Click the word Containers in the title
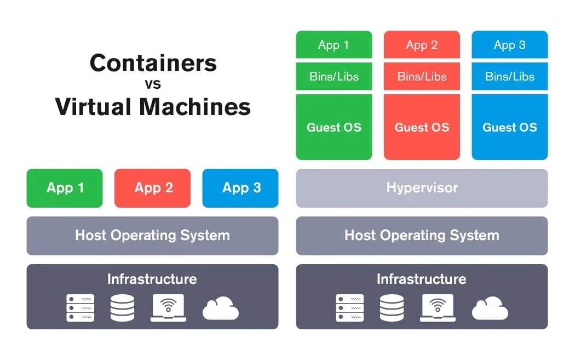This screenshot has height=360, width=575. (153, 63)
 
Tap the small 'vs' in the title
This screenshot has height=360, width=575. (153, 84)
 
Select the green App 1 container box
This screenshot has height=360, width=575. (65, 188)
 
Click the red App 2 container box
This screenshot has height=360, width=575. (153, 188)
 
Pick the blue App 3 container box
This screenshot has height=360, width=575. (240, 188)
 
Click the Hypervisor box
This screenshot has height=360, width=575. (422, 188)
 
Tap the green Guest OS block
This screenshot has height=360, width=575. (334, 127)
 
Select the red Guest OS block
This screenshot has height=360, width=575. (422, 127)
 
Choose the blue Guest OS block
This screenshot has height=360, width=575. (510, 127)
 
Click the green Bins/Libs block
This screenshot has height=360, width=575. (334, 76)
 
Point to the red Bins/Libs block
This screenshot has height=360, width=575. (422, 76)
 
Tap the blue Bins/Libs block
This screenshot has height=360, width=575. (510, 76)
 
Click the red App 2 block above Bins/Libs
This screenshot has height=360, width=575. (422, 45)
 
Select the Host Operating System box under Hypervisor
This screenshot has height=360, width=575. (422, 236)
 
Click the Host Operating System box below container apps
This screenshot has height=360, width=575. (152, 236)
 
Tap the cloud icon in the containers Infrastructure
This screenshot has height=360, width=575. (221, 308)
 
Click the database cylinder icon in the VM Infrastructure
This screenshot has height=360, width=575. (392, 308)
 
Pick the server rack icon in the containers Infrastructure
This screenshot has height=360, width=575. (81, 308)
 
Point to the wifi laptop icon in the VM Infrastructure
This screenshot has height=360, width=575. (438, 308)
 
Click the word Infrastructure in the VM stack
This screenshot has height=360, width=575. (422, 279)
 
